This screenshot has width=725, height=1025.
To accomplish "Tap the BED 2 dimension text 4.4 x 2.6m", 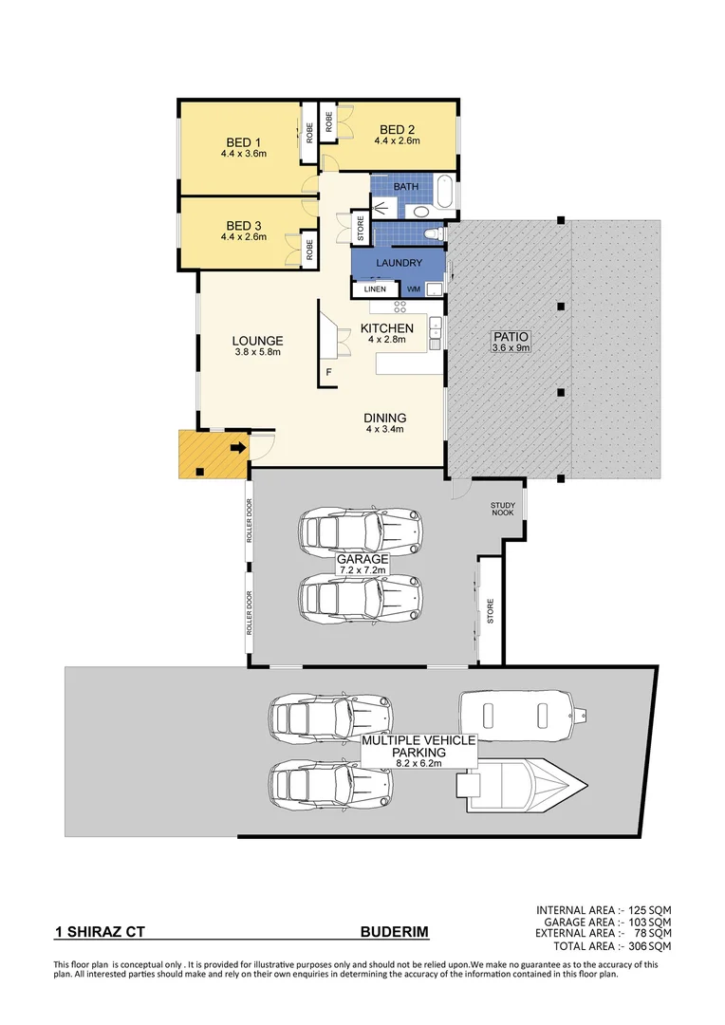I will (397, 140).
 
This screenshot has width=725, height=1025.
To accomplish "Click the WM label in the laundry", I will (414, 289).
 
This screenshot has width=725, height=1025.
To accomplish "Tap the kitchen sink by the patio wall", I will (436, 328).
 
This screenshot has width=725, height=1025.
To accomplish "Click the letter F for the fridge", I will (328, 372).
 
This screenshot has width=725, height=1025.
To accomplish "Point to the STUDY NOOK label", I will (503, 510).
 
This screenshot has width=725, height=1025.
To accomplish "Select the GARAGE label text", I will (362, 560).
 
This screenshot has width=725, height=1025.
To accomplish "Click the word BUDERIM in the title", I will (394, 933).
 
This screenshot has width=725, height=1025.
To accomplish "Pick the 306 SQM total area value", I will (650, 946).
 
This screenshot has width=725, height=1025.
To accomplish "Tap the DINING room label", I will (385, 418).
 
